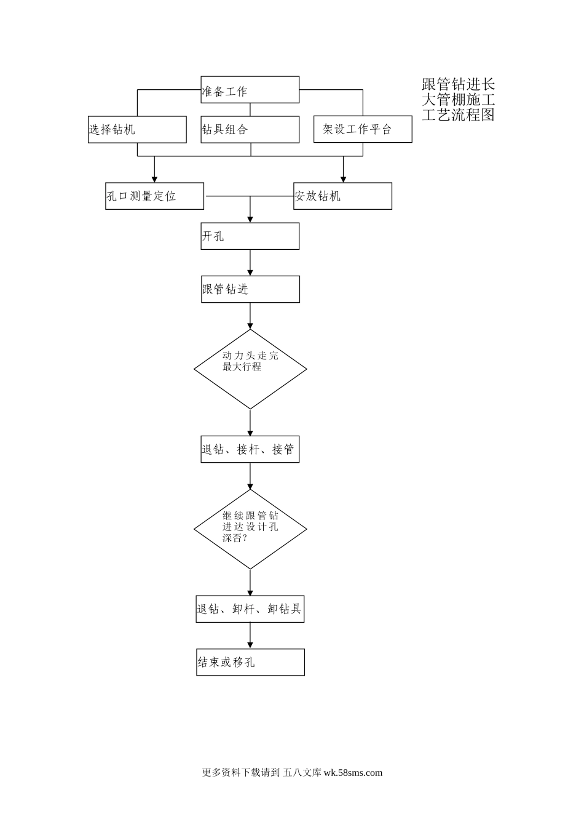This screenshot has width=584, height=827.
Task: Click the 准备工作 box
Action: pyautogui.click(x=250, y=90)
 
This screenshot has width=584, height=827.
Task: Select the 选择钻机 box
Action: pyautogui.click(x=137, y=129)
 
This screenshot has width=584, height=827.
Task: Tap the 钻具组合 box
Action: pyautogui.click(x=250, y=129)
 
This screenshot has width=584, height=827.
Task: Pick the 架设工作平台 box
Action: pyautogui.click(x=363, y=129)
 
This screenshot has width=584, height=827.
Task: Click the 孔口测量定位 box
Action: pyautogui.click(x=154, y=196)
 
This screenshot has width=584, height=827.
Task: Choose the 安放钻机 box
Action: pyautogui.click(x=342, y=196)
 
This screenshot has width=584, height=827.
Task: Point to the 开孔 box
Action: pyautogui.click(x=250, y=236)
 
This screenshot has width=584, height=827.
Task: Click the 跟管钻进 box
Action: pyautogui.click(x=250, y=289)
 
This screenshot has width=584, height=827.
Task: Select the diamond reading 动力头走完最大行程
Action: pyautogui.click(x=250, y=369)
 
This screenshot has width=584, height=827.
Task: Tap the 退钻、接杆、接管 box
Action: pyautogui.click(x=250, y=450)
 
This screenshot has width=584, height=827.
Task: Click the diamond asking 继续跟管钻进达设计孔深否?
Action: pyautogui.click(x=250, y=529)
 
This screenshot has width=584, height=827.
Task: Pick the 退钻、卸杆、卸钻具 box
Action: pyautogui.click(x=250, y=609)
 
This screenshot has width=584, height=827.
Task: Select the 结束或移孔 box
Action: pyautogui.click(x=250, y=662)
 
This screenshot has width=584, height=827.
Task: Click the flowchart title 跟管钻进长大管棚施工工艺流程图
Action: pyautogui.click(x=458, y=99)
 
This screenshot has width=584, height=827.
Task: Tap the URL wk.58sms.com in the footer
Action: pyautogui.click(x=352, y=773)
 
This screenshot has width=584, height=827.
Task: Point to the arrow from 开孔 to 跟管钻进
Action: pyautogui.click(x=250, y=263)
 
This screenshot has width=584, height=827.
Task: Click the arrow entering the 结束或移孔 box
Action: pyautogui.click(x=250, y=636)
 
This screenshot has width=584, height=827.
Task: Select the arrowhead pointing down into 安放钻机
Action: pyautogui.click(x=343, y=178)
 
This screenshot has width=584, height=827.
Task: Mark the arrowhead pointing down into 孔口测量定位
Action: pyautogui.click(x=154, y=178)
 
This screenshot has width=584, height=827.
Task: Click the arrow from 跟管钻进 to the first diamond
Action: pyautogui.click(x=250, y=316)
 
